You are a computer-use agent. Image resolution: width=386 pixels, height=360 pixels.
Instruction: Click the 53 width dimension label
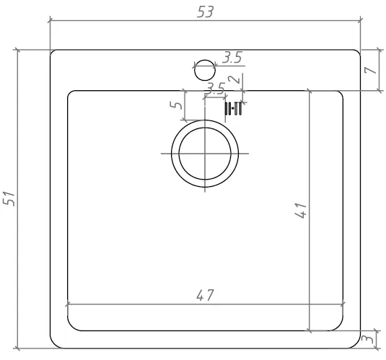(205, 12)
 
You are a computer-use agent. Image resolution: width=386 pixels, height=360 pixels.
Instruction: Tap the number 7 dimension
(371, 70)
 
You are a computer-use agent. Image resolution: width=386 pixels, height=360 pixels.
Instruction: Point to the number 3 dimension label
(369, 339)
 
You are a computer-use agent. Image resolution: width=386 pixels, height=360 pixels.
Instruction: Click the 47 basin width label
(205, 295)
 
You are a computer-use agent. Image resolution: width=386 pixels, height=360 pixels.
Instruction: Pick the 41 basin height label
(301, 211)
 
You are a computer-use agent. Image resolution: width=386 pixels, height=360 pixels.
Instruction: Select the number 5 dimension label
(176, 105)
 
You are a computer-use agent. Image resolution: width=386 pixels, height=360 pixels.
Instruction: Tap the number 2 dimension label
(234, 79)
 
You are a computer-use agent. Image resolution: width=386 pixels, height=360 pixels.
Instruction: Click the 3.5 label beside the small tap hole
(232, 58)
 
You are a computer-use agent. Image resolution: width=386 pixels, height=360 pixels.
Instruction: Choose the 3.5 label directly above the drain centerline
(215, 89)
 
